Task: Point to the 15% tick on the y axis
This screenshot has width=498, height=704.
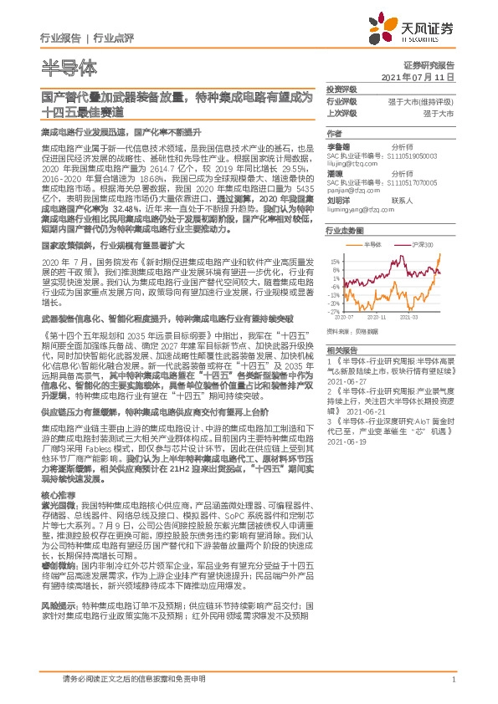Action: (334, 260)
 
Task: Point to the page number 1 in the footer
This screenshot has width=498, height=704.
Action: (452, 680)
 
